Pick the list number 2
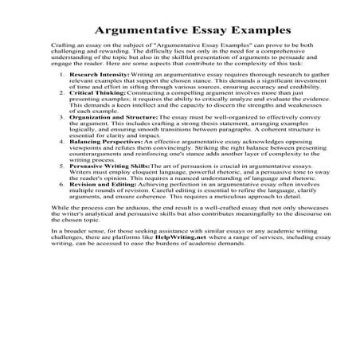pos(63,115)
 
